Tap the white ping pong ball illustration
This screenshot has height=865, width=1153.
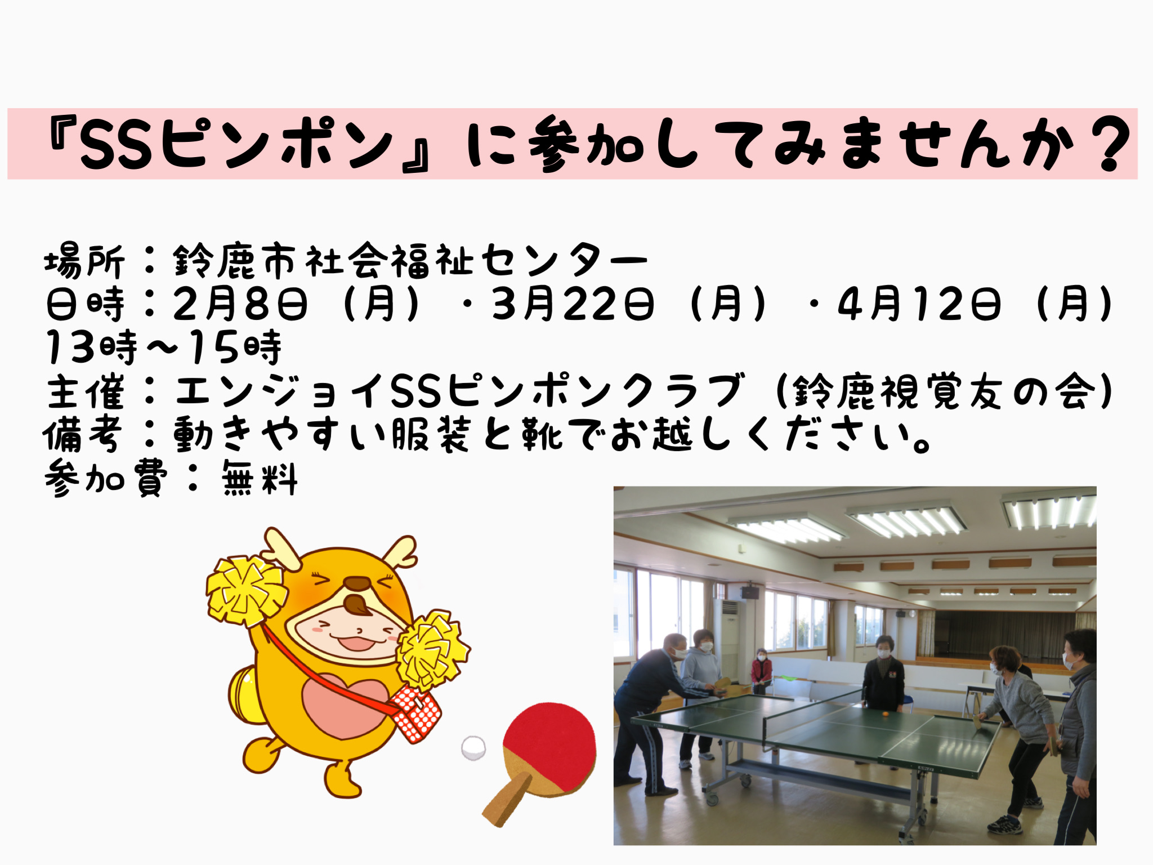(473, 748)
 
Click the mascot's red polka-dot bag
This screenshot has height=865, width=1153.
(417, 714)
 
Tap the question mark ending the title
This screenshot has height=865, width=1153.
(1109, 144)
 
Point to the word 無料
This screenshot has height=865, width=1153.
(259, 479)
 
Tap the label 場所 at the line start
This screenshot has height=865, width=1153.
(84, 261)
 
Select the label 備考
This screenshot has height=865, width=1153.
(83, 435)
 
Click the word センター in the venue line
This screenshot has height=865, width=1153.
(565, 261)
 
